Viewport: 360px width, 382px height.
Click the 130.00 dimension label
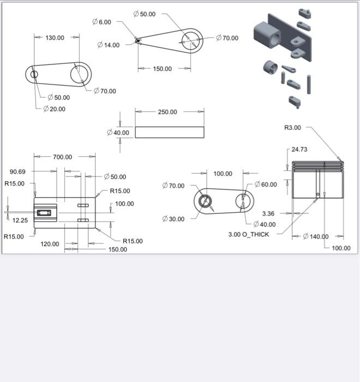[x=55, y=38]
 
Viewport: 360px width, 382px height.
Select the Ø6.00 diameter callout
[x=102, y=22]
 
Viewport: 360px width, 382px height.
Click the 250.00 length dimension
[x=167, y=112]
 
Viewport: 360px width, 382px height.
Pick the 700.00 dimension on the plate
[x=62, y=157]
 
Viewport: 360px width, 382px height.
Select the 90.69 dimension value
[x=18, y=172]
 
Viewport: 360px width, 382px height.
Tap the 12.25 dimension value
[x=20, y=220]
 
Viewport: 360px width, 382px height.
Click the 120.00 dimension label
[x=50, y=244]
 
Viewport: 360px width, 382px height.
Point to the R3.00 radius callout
[x=292, y=128]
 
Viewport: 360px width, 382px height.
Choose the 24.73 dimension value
[x=299, y=149]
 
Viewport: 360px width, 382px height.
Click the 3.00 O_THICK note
[x=249, y=235]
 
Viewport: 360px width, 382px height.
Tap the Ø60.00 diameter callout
[x=266, y=184]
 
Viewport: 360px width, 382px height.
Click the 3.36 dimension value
[x=268, y=213]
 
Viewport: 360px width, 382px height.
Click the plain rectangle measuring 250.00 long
[x=169, y=132]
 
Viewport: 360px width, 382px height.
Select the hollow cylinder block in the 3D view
[x=267, y=34]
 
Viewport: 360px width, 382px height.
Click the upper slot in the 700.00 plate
[x=83, y=205]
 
